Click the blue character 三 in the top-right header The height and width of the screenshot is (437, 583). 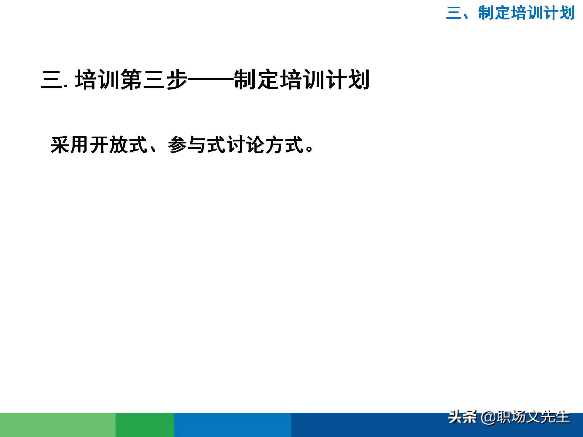pyautogui.click(x=454, y=13)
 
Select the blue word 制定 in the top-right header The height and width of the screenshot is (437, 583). pyautogui.click(x=494, y=13)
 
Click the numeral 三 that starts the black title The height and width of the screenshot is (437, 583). pyautogui.click(x=52, y=80)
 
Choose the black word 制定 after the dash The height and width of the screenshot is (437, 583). pyautogui.click(x=257, y=80)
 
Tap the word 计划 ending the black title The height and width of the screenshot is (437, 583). pyautogui.click(x=347, y=80)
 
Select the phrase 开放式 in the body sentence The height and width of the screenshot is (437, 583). pyautogui.click(x=119, y=145)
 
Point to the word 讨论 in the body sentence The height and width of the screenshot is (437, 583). pyautogui.click(x=245, y=145)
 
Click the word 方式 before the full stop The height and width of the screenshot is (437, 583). pyautogui.click(x=285, y=145)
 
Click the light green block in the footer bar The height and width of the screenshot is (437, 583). pyautogui.click(x=58, y=425)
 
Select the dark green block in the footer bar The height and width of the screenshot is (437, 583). pyautogui.click(x=145, y=425)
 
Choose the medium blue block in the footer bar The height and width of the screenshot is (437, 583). pyautogui.click(x=233, y=425)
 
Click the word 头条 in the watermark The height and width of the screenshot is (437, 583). pyautogui.click(x=462, y=417)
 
